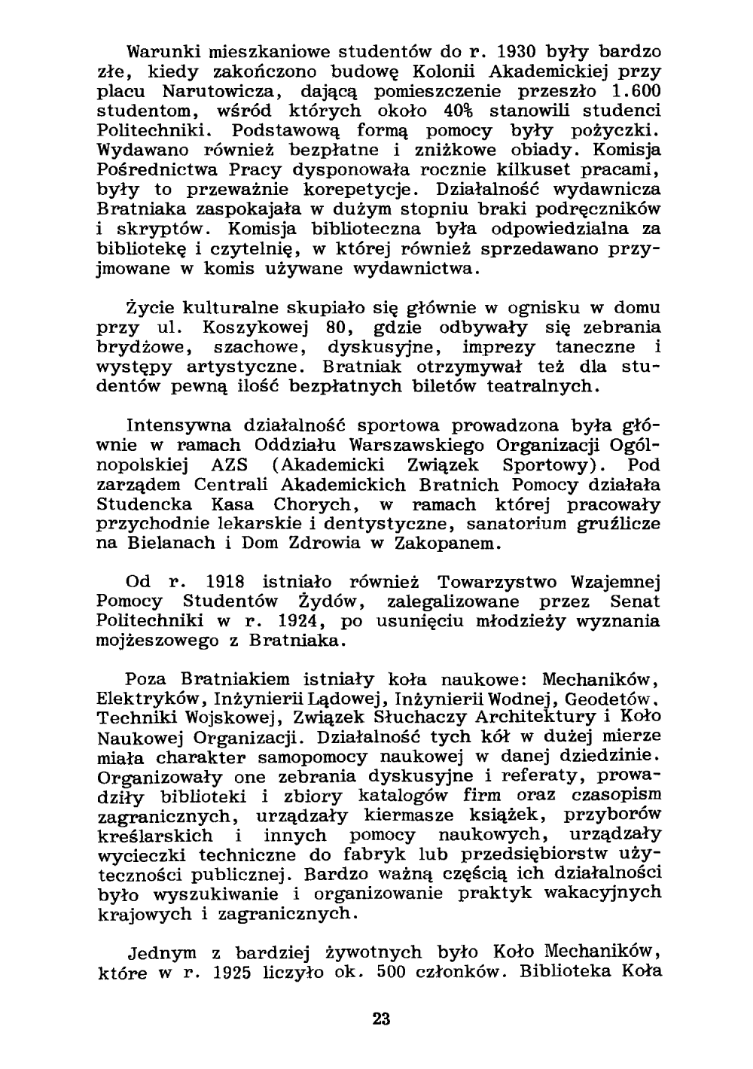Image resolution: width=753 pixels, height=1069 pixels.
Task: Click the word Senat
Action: pos(635,602)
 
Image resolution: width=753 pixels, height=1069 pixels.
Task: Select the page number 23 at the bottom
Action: pos(381,1020)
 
